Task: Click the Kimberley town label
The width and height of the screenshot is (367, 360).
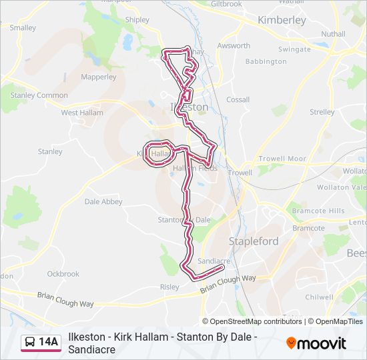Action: click(x=281, y=21)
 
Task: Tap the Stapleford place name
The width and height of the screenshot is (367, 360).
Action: click(x=254, y=241)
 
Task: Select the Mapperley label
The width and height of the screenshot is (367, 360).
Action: click(x=98, y=77)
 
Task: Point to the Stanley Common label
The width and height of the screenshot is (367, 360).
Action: click(x=39, y=95)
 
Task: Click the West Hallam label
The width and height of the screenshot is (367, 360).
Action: click(x=82, y=113)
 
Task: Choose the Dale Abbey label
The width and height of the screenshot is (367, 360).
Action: click(x=103, y=201)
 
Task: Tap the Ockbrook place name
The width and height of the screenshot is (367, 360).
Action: click(x=63, y=273)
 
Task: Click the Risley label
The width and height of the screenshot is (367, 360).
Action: click(x=169, y=287)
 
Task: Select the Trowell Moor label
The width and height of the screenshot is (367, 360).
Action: click(x=282, y=159)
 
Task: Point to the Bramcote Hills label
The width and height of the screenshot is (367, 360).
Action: click(x=318, y=211)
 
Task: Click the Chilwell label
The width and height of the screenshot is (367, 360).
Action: click(x=318, y=297)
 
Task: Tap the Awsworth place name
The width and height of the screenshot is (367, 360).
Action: click(x=234, y=46)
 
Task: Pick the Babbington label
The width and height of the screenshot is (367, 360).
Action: click(x=266, y=61)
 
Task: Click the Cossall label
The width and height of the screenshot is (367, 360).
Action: click(x=238, y=99)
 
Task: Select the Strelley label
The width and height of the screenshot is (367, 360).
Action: click(x=322, y=112)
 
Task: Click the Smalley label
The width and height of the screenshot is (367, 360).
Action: click(x=23, y=28)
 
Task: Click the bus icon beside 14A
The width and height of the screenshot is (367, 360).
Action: click(x=30, y=343)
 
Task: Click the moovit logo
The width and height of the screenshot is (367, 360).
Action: click(x=316, y=343)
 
